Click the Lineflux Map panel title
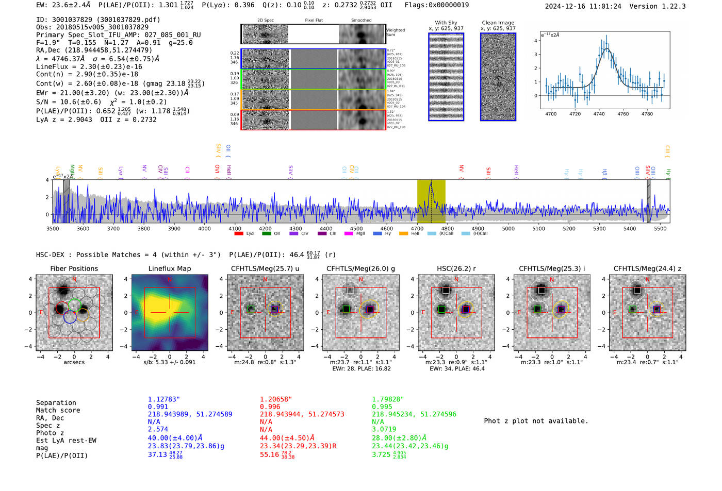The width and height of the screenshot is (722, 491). pos(170,268)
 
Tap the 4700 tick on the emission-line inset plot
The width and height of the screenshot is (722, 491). pos(551,114)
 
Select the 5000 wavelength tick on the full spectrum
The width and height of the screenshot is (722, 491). pos(508,228)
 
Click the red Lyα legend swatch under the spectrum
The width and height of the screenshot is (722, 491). pos(239,233)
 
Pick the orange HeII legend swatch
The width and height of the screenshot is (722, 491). pos(403,233)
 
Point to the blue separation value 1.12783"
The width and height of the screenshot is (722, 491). pos(164,399)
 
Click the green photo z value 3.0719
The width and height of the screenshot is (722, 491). pos(384,429)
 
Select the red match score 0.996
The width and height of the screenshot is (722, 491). pos(270,407)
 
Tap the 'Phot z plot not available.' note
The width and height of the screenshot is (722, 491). pos(536,421)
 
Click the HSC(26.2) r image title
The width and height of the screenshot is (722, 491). pos(456,268)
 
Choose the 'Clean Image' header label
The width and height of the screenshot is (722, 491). pos(498,23)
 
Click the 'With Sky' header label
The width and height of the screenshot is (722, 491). pos(446,23)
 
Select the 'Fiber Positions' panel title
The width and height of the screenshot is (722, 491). pos(74,268)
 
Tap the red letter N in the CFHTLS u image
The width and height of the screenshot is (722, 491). pos(266,279)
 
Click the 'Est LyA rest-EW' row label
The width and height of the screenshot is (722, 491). pos(66,441)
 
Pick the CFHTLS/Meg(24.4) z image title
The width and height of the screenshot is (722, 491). pos(647,268)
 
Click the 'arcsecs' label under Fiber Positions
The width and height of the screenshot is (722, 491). pos(74,362)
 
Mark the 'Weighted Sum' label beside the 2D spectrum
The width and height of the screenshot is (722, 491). pos(395,32)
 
